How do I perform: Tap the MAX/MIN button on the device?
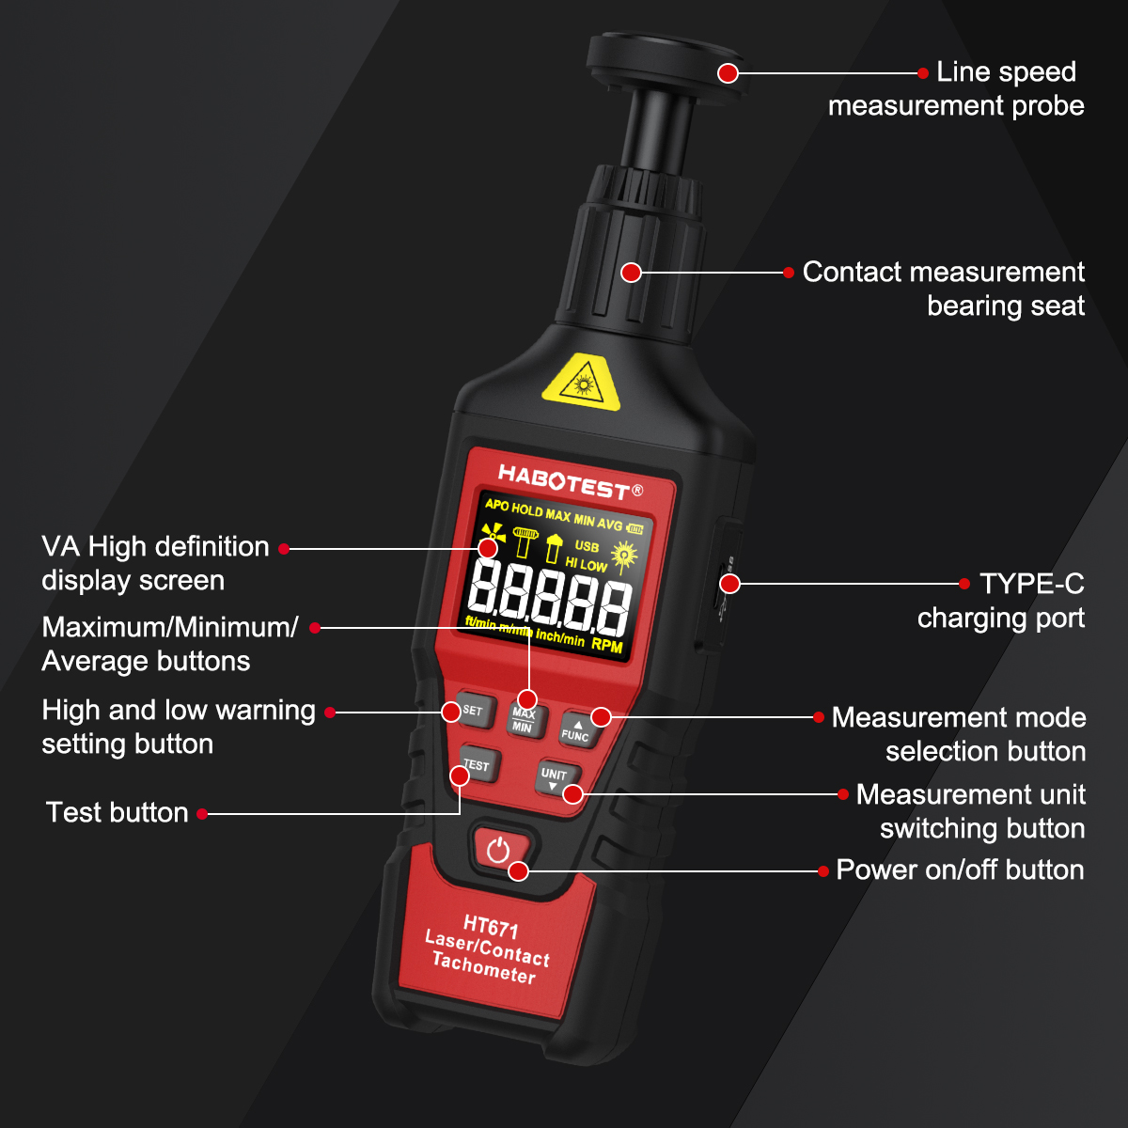tap(523, 720)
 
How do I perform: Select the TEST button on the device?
tap(477, 767)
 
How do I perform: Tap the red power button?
tap(498, 851)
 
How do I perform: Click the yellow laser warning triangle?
tap(582, 384)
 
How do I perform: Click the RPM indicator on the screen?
tap(607, 646)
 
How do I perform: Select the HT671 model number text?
tap(491, 929)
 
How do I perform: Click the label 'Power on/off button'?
tap(960, 870)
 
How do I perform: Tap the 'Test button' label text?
tap(117, 813)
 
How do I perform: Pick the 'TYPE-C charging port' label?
tap(1000, 602)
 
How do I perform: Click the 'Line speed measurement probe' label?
tap(956, 89)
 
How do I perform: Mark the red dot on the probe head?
tap(728, 72)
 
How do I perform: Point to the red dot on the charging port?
tap(730, 584)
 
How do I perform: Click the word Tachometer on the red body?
tap(483, 968)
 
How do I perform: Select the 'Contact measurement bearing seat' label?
tap(943, 289)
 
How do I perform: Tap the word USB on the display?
tap(587, 546)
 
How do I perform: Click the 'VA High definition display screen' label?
tap(155, 564)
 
